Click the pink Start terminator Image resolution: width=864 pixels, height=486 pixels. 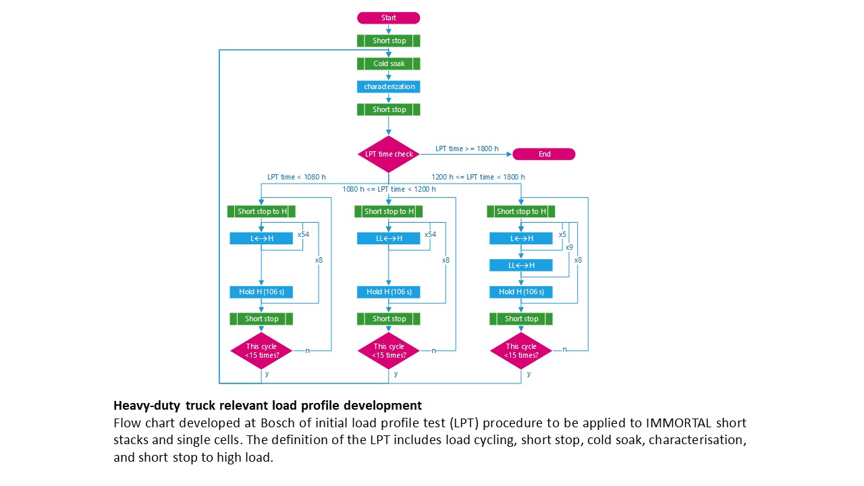tap(388, 18)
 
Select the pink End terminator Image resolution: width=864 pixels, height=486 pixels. tap(544, 154)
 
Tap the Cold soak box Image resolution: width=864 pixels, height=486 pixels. tap(388, 63)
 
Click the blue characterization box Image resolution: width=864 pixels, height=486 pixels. tap(388, 86)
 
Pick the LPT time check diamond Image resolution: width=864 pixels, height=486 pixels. tap(388, 154)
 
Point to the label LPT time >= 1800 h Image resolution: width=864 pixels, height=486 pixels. tap(466, 148)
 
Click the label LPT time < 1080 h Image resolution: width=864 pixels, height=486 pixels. tap(296, 177)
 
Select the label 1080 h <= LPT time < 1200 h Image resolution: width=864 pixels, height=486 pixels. tap(389, 189)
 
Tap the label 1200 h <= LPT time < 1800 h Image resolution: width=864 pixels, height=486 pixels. tap(478, 177)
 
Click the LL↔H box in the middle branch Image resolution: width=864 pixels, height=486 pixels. tap(388, 238)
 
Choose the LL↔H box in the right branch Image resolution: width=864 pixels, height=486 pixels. tap(520, 265)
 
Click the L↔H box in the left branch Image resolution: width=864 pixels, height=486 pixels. tap(261, 238)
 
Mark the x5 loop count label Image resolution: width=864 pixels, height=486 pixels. tap(562, 234)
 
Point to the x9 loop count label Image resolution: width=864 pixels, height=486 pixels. tap(569, 247)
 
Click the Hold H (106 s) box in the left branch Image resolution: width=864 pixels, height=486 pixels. tap(261, 292)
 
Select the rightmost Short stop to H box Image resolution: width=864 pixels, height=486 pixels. tap(520, 211)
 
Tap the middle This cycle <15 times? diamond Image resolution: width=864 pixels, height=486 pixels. tap(388, 350)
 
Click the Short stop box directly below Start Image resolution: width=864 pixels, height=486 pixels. tap(388, 40)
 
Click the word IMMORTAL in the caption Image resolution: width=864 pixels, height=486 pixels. tap(679, 423)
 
